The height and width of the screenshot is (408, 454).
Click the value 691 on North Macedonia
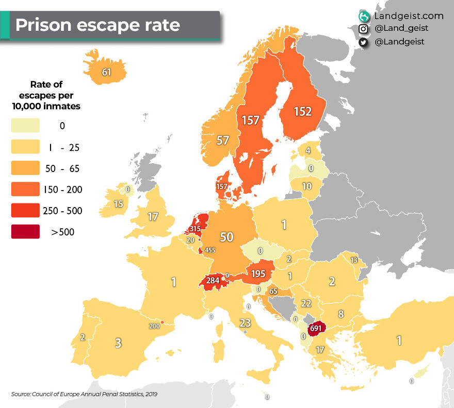(315, 328)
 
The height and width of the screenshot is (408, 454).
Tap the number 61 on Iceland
(107, 72)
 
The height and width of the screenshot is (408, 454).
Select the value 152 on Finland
(303, 111)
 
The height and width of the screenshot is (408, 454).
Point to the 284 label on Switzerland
(213, 281)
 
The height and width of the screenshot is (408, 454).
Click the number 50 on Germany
(226, 237)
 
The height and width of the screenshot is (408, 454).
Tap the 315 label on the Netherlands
(195, 229)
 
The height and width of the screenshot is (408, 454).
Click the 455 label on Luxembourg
(209, 250)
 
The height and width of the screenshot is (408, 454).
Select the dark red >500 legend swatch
(25, 232)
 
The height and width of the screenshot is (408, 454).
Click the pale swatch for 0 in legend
(25, 126)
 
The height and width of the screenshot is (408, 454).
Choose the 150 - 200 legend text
(62, 190)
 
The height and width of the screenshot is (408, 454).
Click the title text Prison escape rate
(98, 25)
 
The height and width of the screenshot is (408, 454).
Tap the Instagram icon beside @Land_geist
(363, 29)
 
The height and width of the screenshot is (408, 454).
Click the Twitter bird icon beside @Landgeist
(363, 42)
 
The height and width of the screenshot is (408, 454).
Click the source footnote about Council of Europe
(84, 394)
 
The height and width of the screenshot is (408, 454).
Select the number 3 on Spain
(118, 343)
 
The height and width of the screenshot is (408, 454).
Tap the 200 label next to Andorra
(154, 326)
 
